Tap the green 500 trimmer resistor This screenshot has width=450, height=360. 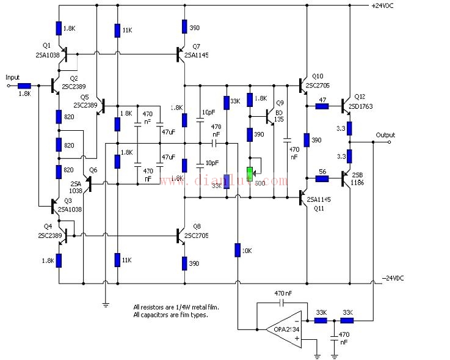250,172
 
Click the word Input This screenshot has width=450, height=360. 13,77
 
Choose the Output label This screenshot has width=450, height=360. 385,135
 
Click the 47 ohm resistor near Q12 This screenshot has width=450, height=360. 322,106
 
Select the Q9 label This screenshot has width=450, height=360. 280,102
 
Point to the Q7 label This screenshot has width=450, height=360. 195,46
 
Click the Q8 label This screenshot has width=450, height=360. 197,226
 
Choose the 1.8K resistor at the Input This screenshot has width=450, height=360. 24,87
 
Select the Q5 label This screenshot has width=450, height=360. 84,97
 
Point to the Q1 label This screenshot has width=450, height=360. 47,45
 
